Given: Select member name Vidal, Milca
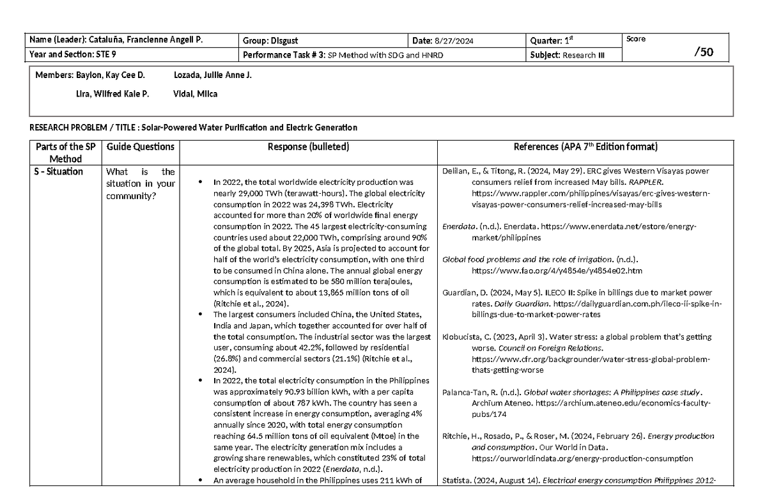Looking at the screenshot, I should (x=196, y=94).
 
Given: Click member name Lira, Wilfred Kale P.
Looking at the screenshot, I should (x=112, y=94).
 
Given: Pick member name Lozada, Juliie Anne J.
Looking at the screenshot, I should (x=213, y=76).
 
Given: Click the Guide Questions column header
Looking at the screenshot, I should (x=140, y=147).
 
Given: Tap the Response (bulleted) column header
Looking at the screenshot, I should (x=308, y=147).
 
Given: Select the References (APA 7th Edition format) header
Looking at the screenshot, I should (x=585, y=147).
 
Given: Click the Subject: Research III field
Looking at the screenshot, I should (x=568, y=55).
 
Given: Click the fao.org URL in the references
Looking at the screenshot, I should (x=548, y=271).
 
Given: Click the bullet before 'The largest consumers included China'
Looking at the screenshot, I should (x=201, y=315).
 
